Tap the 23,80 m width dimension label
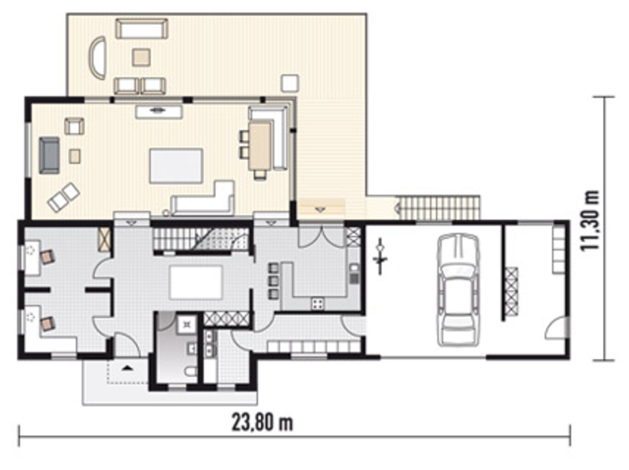coord(262,423)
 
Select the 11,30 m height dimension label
coord(590,220)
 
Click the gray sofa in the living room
coord(49,156)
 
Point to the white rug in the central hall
coord(196,282)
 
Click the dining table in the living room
coord(260,146)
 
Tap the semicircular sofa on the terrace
coord(98,58)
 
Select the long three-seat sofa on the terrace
coord(142,29)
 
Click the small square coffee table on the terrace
coord(141,57)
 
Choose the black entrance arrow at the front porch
coord(126,367)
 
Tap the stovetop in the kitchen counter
coord(318,304)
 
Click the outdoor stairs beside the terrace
coord(437,208)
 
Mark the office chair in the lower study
coord(48,324)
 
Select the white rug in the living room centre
coord(176,166)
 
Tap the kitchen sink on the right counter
coord(354,273)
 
